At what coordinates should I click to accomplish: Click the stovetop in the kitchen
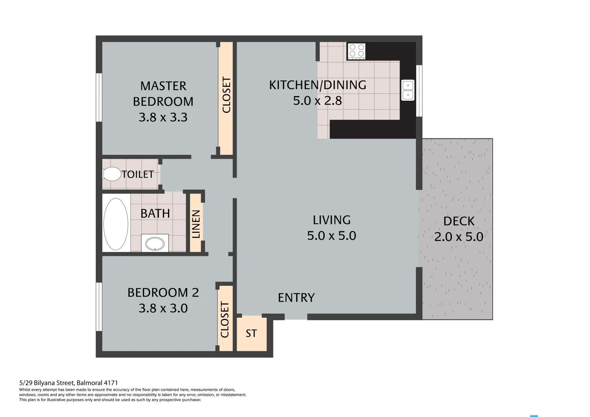[x=356, y=51]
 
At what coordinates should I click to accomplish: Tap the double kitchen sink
[x=408, y=90]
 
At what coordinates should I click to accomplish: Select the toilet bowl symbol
[x=112, y=174]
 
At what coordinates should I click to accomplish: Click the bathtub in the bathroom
[x=115, y=224]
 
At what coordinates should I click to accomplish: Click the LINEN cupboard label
[x=196, y=224]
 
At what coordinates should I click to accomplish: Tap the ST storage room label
[x=251, y=334]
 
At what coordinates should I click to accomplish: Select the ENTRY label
[x=296, y=298]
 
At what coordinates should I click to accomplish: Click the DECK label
[x=459, y=221]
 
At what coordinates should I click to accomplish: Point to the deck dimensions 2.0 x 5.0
[x=459, y=237]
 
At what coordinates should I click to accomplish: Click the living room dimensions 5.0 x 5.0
[x=332, y=236]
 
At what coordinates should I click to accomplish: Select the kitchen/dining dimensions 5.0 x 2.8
[x=318, y=101]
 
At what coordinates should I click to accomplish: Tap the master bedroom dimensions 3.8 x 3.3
[x=163, y=117]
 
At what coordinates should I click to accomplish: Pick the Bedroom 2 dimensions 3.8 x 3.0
[x=163, y=308]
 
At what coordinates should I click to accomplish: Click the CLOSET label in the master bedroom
[x=227, y=95]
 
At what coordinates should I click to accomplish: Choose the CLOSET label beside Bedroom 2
[x=225, y=320]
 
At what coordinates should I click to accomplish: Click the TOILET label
[x=138, y=175]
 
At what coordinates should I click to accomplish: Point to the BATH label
[x=155, y=214]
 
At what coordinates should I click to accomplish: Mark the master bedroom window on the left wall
[x=99, y=97]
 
